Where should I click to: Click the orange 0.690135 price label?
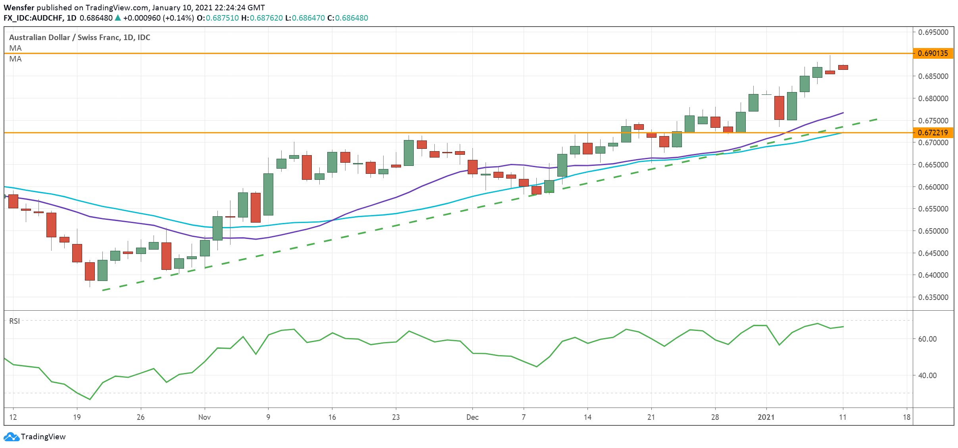933,53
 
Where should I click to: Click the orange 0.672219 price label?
933,133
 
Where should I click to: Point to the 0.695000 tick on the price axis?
933,32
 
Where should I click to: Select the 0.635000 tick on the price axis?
933,297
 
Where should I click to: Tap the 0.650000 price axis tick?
933,231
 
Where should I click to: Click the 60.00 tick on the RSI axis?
927,339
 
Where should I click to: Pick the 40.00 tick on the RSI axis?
927,375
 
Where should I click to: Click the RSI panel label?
14,321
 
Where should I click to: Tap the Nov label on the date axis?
204,417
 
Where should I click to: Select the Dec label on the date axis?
472,417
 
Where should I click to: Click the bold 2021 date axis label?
766,417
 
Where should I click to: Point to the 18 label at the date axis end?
906,417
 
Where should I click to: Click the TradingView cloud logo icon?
11,436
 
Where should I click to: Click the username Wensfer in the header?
19,8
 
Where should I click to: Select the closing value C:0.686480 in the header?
347,18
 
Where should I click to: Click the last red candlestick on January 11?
843,67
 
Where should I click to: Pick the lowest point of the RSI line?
90,399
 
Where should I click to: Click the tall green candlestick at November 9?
268,194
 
